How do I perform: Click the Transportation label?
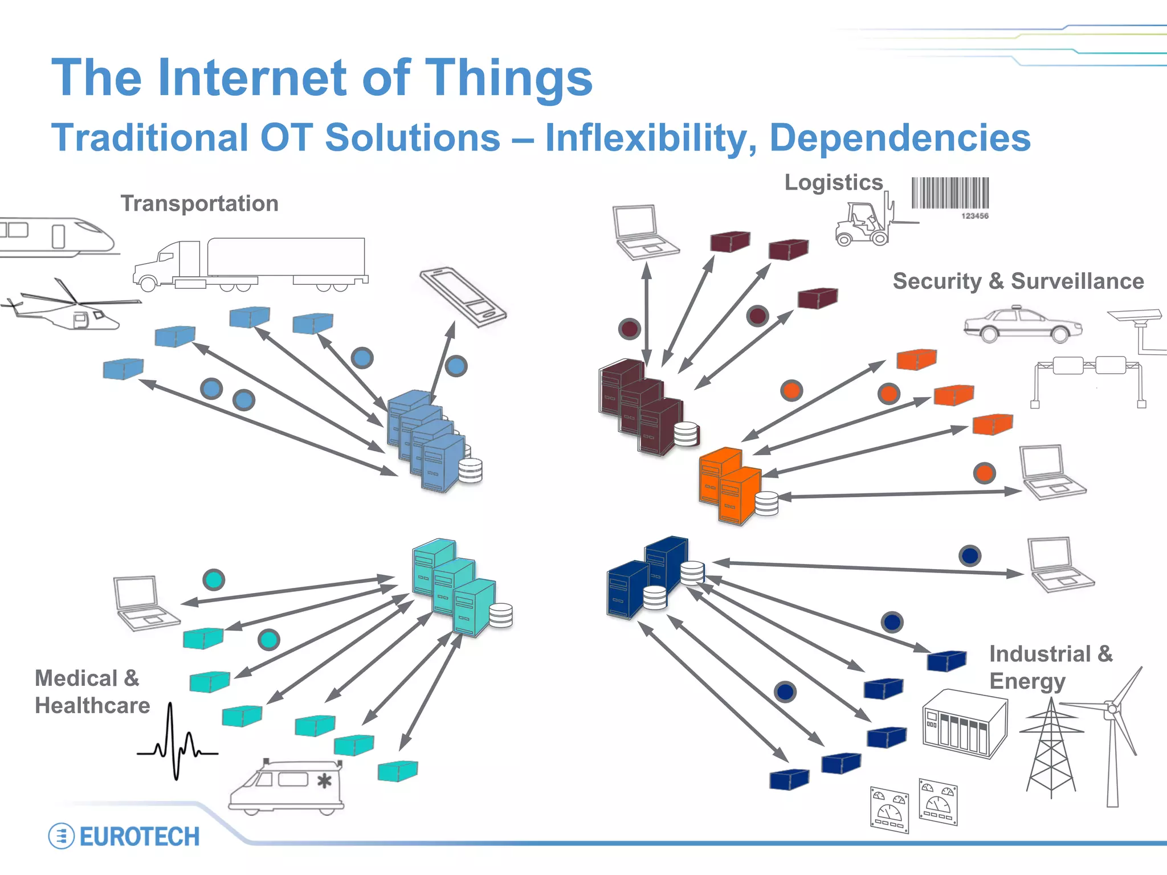coord(199,203)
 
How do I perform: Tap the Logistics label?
coord(833,182)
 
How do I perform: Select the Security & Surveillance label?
coord(1018,281)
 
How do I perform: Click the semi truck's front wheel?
coord(149,283)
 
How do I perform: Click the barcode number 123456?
coord(974,216)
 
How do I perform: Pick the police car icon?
coord(1023,325)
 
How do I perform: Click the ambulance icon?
coord(287,786)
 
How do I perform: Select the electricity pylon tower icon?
coord(1051,746)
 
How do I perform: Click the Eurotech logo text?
coord(139,836)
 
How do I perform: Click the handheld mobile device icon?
coord(463,297)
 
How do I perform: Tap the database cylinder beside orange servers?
coord(766,503)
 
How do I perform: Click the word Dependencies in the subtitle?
coord(900,138)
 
